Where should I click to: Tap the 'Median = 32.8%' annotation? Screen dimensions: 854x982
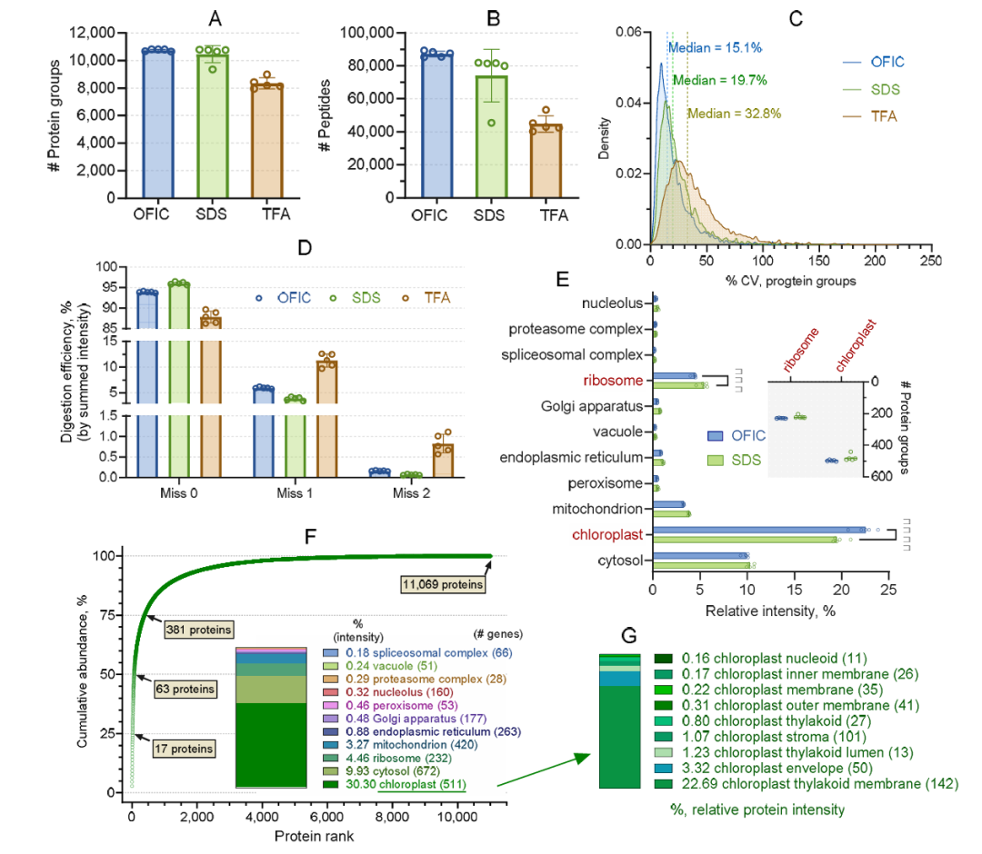(734, 114)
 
